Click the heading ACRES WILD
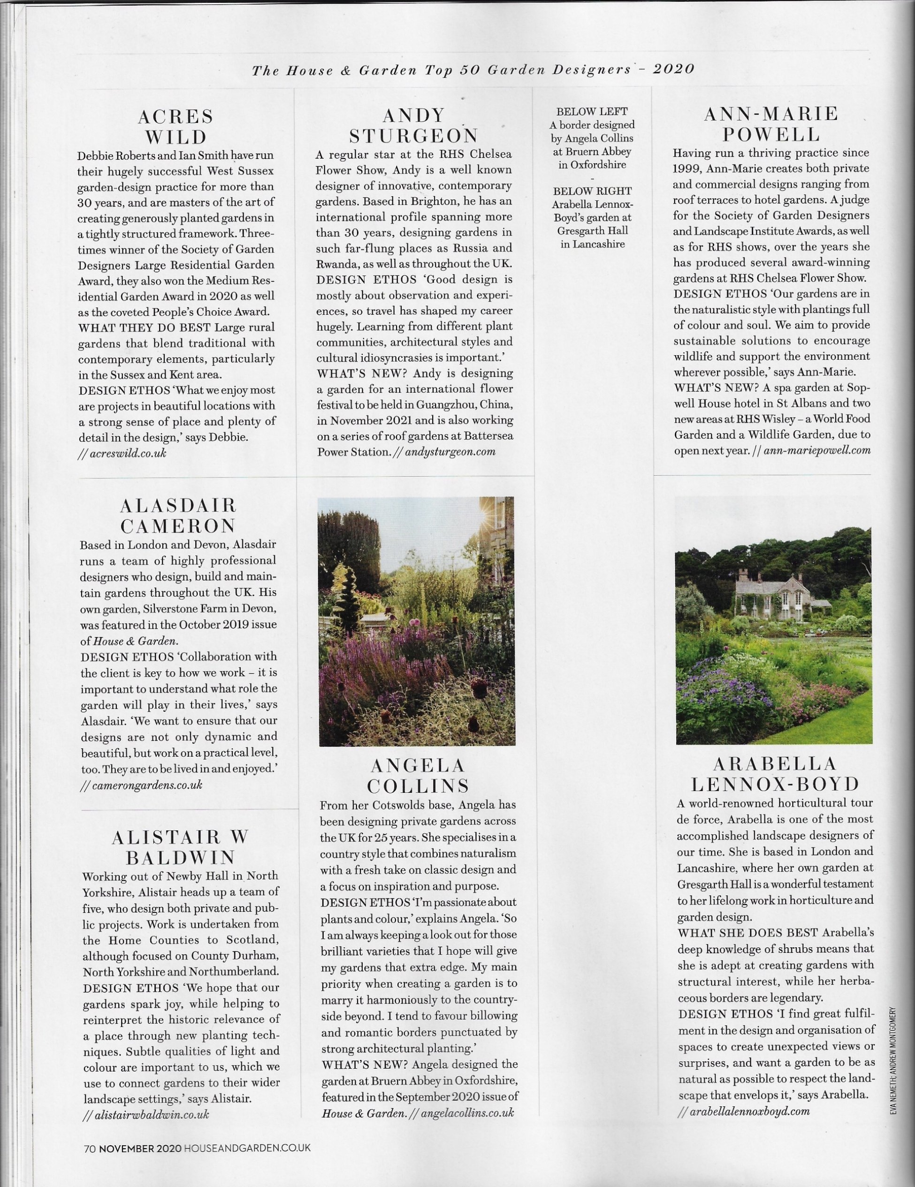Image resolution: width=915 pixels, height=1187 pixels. pyautogui.click(x=175, y=126)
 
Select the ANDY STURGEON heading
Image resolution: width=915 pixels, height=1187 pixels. pyautogui.click(x=413, y=125)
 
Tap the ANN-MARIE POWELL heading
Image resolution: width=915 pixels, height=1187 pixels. pyautogui.click(x=771, y=124)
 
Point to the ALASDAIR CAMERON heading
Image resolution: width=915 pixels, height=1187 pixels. pyautogui.click(x=178, y=515)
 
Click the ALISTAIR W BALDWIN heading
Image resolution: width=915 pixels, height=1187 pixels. pyautogui.click(x=181, y=847)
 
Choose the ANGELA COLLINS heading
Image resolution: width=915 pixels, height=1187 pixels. pyautogui.click(x=418, y=776)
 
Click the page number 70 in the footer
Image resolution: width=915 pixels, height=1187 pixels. pyautogui.click(x=90, y=1148)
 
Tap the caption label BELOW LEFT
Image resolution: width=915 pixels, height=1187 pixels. pyautogui.click(x=592, y=111)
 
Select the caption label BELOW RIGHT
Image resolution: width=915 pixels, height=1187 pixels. pyautogui.click(x=592, y=191)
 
